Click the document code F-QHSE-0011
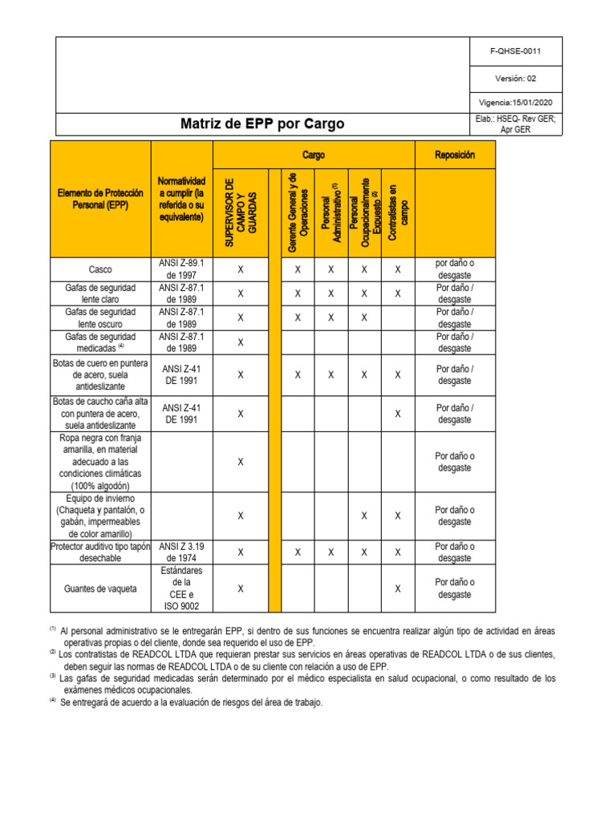pyautogui.click(x=515, y=51)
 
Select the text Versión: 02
pyautogui.click(x=515, y=78)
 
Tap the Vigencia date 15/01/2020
pyautogui.click(x=516, y=103)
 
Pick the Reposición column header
pyautogui.click(x=455, y=154)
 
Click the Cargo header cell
pyautogui.click(x=313, y=154)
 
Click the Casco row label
pyautogui.click(x=100, y=269)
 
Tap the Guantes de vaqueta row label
pyautogui.click(x=100, y=588)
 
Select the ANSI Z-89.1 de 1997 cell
pyautogui.click(x=181, y=269)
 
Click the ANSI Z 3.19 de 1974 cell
pyautogui.click(x=181, y=552)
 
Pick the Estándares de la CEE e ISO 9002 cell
pyautogui.click(x=181, y=588)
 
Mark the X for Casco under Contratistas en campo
pyautogui.click(x=398, y=269)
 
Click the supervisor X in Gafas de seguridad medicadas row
pyautogui.click(x=241, y=342)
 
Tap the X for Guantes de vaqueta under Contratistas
pyautogui.click(x=398, y=588)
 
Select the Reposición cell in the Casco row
pyautogui.click(x=455, y=269)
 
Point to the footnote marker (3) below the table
pyautogui.click(x=52, y=676)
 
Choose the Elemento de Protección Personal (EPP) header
pyautogui.click(x=100, y=200)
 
